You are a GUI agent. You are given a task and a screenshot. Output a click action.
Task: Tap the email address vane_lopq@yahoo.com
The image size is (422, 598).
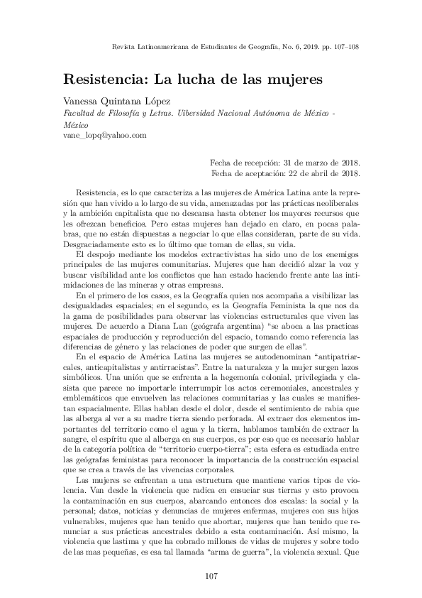(x=105, y=135)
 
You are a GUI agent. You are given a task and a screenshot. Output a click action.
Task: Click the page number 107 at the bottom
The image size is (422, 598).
(x=211, y=574)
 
